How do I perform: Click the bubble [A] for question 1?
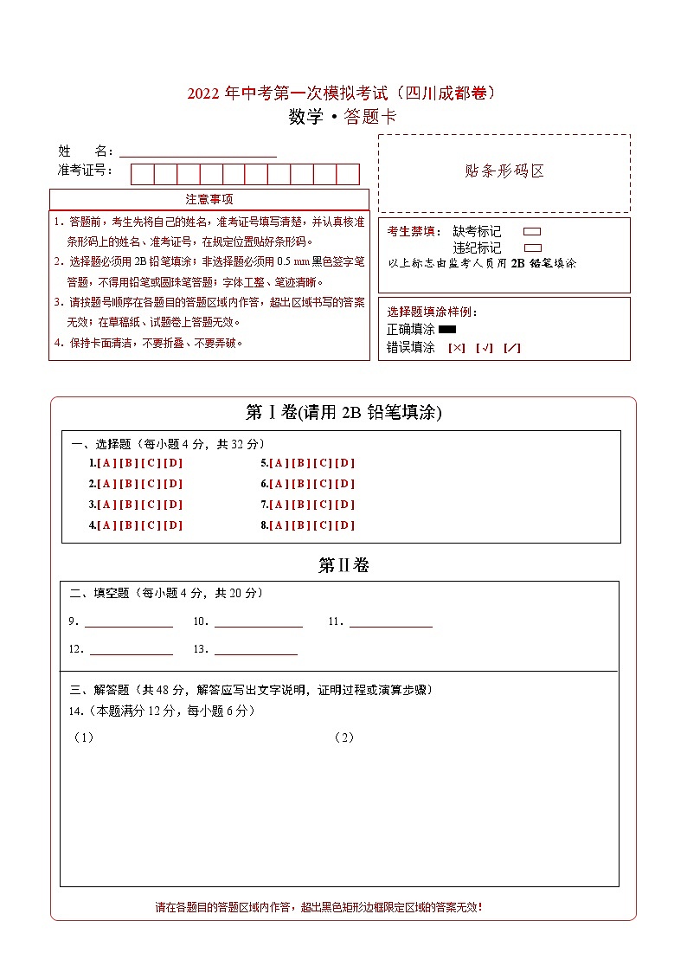[x=107, y=463]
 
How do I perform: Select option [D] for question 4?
[x=173, y=525]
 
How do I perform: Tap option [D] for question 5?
[x=345, y=463]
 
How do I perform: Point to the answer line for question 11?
[x=390, y=623]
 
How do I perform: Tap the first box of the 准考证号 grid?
[x=142, y=174]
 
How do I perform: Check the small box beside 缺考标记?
[x=532, y=232]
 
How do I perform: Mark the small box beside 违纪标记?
[x=532, y=248]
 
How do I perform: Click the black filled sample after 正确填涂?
[x=447, y=329]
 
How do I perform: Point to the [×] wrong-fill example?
[x=457, y=348]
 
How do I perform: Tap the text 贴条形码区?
[x=504, y=171]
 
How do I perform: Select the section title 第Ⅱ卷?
[x=343, y=566]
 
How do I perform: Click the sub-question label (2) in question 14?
[x=343, y=737]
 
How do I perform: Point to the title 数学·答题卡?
[x=343, y=118]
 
